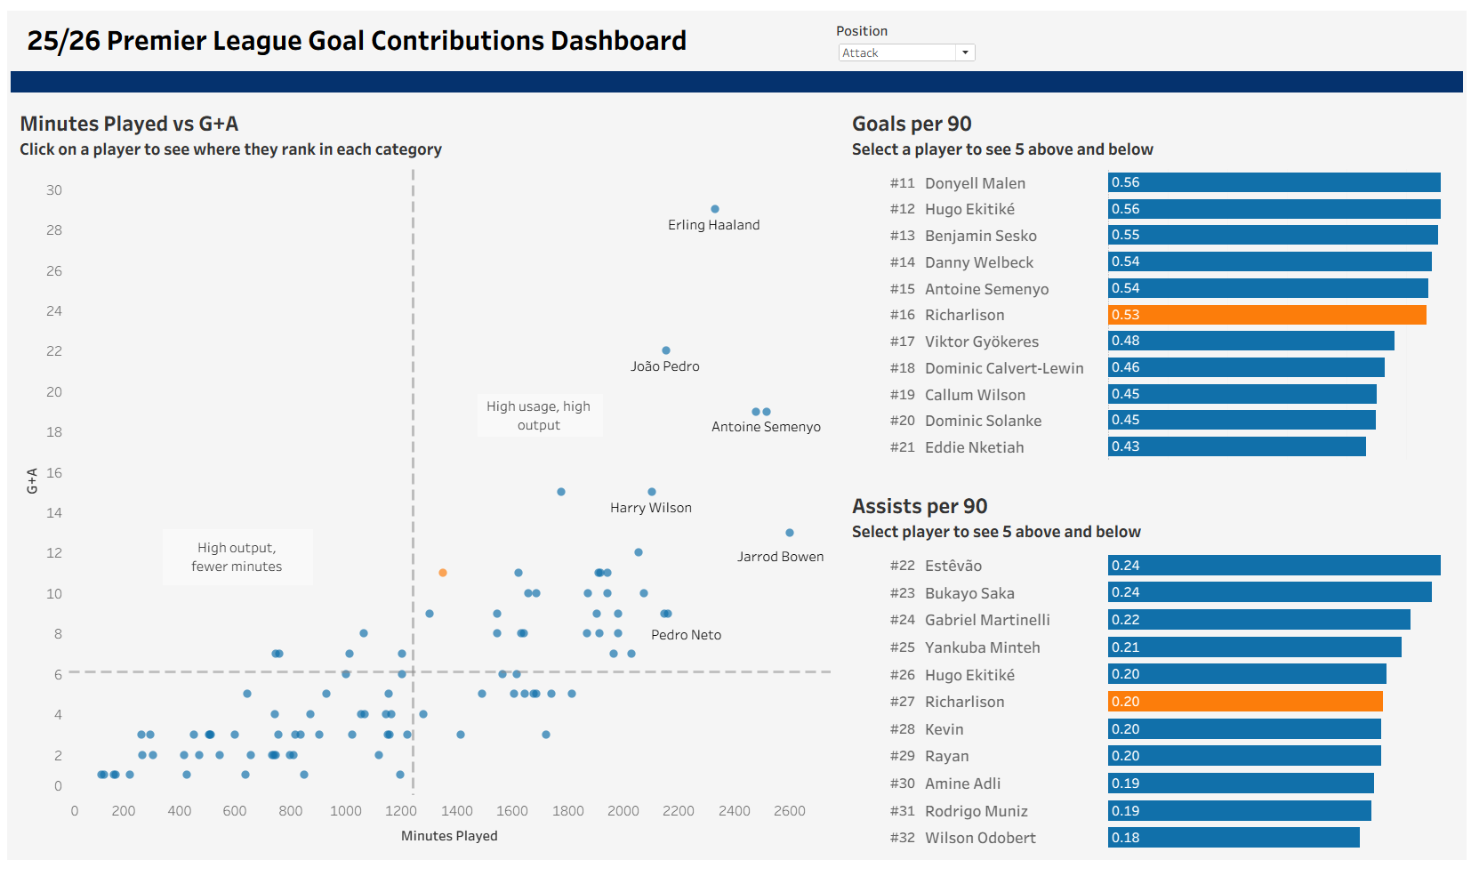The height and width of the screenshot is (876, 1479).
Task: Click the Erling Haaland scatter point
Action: coord(715,209)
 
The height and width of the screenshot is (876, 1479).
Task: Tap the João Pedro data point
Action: coord(666,350)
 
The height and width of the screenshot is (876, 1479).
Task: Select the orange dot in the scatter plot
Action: coord(443,573)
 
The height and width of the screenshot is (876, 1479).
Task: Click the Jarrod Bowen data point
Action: coord(790,533)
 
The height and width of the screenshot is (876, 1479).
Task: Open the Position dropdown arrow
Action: coord(965,53)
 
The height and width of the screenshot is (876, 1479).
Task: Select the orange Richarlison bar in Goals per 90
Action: coord(1266,315)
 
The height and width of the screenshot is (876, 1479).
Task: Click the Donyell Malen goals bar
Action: coord(1274,182)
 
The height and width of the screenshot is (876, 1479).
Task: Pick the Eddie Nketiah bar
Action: coord(1236,446)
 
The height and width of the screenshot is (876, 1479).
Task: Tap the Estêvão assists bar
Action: coord(1274,566)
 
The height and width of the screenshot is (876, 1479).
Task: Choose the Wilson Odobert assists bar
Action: coord(1234,838)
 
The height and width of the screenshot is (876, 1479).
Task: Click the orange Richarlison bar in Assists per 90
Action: coord(1245,702)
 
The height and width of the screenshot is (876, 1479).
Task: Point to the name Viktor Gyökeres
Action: coord(982,342)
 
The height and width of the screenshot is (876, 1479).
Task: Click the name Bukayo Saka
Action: coord(969,593)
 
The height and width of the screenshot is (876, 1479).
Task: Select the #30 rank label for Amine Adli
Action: coord(902,784)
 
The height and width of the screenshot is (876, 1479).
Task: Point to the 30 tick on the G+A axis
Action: coord(54,190)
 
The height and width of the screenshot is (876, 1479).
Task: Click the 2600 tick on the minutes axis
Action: coord(790,811)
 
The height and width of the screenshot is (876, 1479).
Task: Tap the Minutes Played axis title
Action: coord(449,836)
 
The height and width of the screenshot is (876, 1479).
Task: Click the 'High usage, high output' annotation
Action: coord(539,415)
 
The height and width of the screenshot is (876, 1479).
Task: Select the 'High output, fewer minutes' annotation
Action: coord(237,558)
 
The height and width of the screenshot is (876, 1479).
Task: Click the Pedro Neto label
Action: coord(686,635)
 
